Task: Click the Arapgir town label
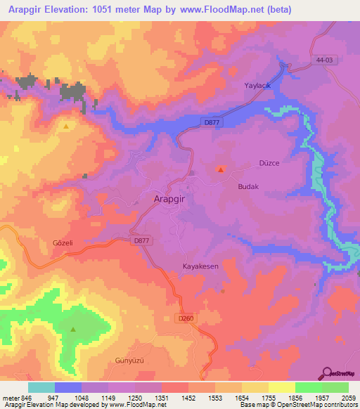169,199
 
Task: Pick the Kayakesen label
201,267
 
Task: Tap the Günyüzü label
129,361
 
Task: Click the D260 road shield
186,318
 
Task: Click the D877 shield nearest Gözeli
142,240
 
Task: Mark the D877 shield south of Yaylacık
210,122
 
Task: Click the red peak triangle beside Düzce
221,169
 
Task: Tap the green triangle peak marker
73,328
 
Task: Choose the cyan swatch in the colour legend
41,387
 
